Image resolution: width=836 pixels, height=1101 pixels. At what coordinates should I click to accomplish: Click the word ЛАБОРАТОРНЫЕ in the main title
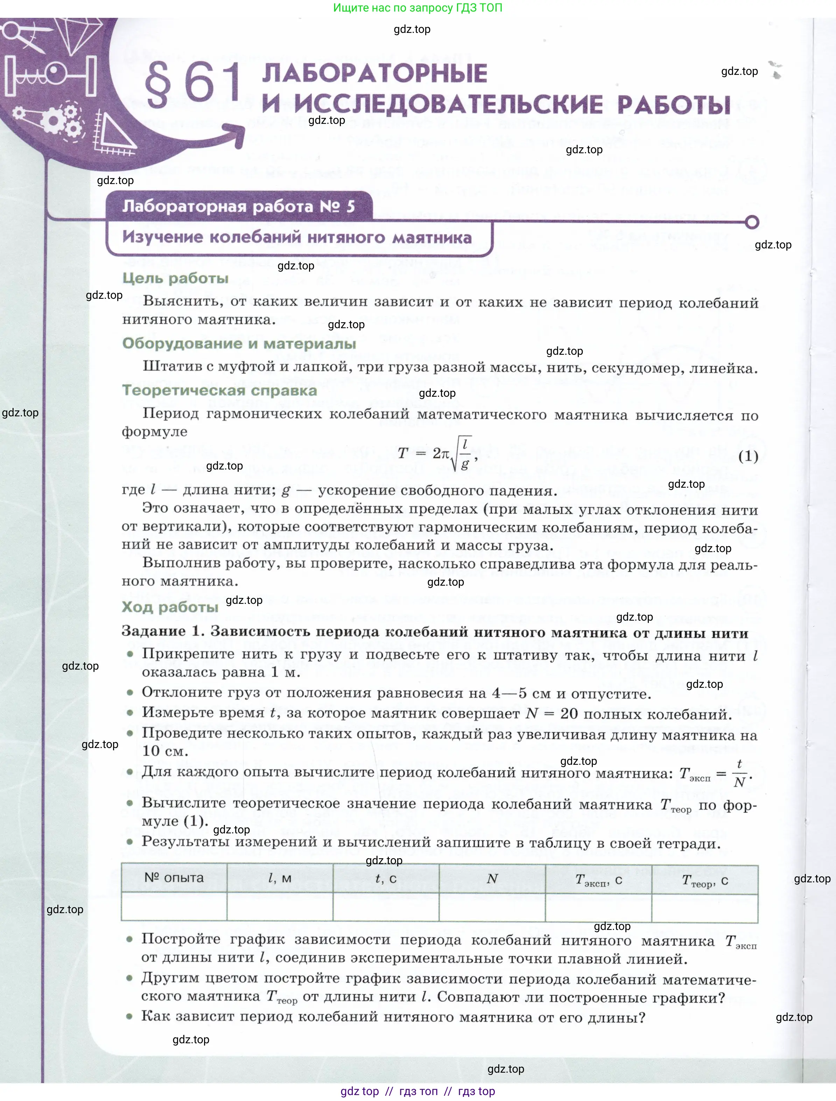point(374,74)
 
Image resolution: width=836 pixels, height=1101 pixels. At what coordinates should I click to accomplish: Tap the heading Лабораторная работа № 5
point(239,206)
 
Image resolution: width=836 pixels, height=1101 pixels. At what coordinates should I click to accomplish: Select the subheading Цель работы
point(175,278)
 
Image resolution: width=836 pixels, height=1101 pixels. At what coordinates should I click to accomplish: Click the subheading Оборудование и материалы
point(239,344)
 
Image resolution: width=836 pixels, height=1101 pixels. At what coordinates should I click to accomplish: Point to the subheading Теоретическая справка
point(219,390)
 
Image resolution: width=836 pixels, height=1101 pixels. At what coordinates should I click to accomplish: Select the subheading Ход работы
point(170,607)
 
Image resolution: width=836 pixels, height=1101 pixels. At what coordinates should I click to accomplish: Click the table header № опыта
point(174,877)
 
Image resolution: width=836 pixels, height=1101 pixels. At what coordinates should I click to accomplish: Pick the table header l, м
point(280,878)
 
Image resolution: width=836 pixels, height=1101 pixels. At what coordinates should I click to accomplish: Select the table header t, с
point(386,878)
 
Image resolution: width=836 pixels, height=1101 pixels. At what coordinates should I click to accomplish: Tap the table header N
point(492,879)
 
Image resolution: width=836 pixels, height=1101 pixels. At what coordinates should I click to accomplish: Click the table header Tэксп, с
point(598,880)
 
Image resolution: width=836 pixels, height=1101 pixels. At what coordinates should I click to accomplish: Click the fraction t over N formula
point(739,773)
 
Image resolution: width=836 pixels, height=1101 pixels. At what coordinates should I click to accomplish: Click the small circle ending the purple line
point(752,222)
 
